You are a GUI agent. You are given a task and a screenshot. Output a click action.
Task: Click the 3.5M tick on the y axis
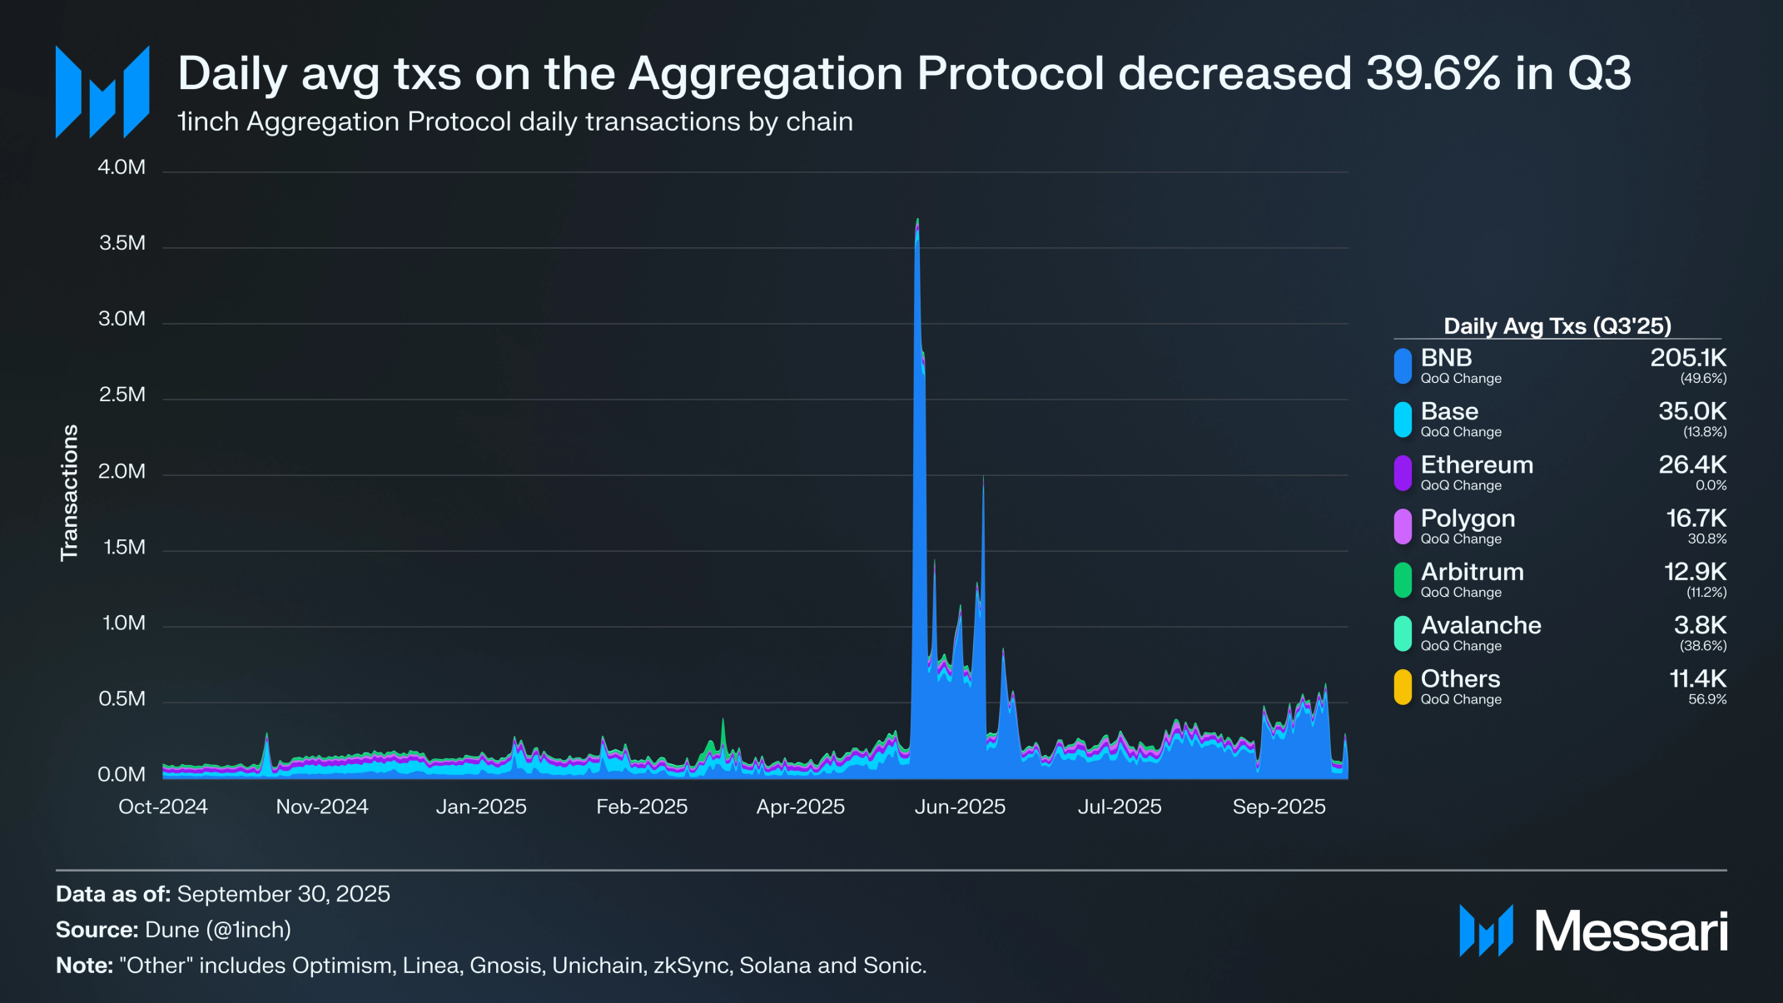122,243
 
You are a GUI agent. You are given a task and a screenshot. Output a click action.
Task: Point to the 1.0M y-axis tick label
123,623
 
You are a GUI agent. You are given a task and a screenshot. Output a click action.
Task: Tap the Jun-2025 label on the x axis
960,807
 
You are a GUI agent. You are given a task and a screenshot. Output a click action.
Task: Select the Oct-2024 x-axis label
163,807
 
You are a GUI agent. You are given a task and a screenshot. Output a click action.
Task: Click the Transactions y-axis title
69,493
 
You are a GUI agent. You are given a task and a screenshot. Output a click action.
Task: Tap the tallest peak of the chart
917,220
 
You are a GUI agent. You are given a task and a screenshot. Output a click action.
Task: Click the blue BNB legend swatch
1403,366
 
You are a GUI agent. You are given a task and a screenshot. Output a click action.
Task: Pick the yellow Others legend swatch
1403,688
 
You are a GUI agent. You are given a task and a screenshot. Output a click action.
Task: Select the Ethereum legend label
1477,464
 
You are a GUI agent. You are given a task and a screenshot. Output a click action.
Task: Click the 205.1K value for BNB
1688,358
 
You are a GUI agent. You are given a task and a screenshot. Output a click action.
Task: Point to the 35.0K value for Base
1692,411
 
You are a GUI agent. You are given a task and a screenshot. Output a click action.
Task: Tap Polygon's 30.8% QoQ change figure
1707,539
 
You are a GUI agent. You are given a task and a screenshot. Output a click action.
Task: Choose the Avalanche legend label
1481,625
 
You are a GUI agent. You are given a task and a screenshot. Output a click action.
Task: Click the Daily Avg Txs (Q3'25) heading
1557,326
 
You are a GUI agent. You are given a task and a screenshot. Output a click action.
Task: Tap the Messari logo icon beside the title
102,92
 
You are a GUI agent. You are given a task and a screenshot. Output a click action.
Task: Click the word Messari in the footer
1631,931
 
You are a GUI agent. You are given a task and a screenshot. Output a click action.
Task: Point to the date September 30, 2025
283,894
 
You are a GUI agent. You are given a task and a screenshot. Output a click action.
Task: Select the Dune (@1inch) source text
218,930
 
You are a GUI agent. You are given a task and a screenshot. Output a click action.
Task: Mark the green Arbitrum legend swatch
1403,580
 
